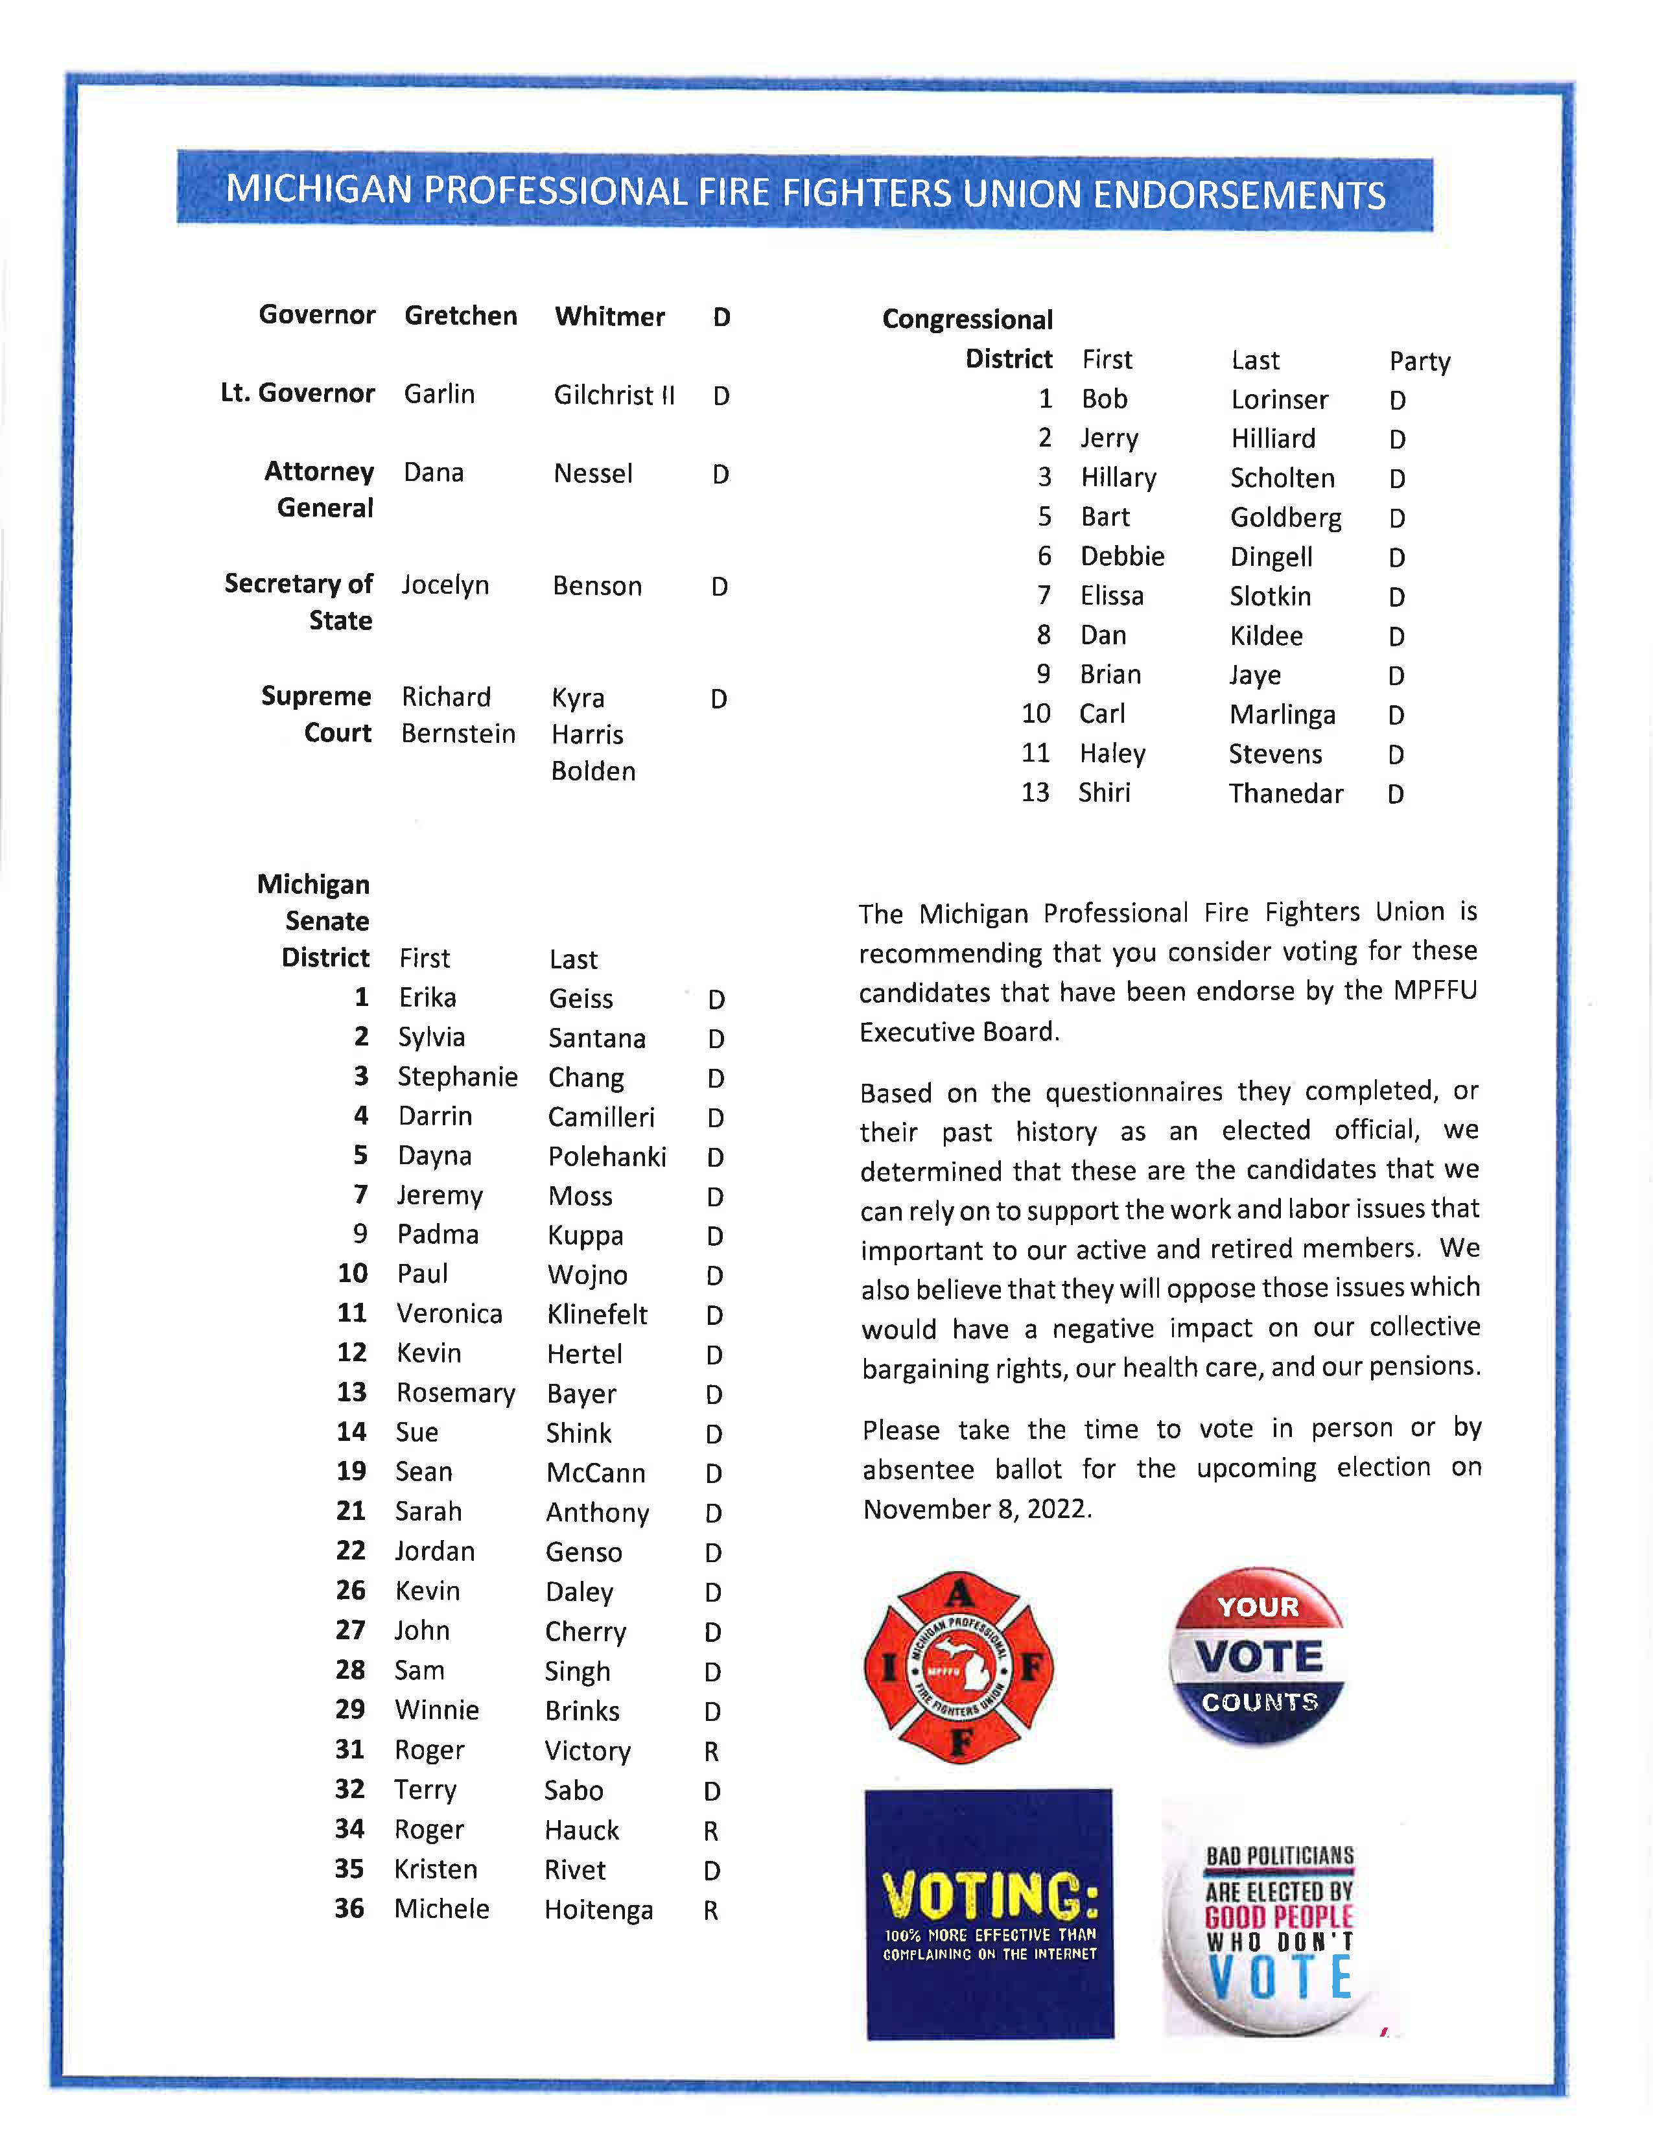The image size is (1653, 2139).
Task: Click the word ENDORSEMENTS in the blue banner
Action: (1239, 195)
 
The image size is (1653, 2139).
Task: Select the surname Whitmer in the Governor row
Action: (609, 316)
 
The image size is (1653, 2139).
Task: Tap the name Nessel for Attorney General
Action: (592, 474)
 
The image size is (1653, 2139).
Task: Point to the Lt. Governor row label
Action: (297, 393)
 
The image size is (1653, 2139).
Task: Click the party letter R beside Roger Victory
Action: (711, 1751)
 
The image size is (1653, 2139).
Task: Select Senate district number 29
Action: (351, 1709)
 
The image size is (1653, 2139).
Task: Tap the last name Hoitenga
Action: (598, 1910)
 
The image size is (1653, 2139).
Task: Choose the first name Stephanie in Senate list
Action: (457, 1077)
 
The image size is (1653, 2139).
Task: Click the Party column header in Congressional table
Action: (1419, 362)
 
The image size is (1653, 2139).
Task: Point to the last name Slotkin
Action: (1270, 596)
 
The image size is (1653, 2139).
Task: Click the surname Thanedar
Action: (1286, 793)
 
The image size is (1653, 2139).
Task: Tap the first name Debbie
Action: (1122, 556)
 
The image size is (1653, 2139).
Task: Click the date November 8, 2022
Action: (976, 1509)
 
